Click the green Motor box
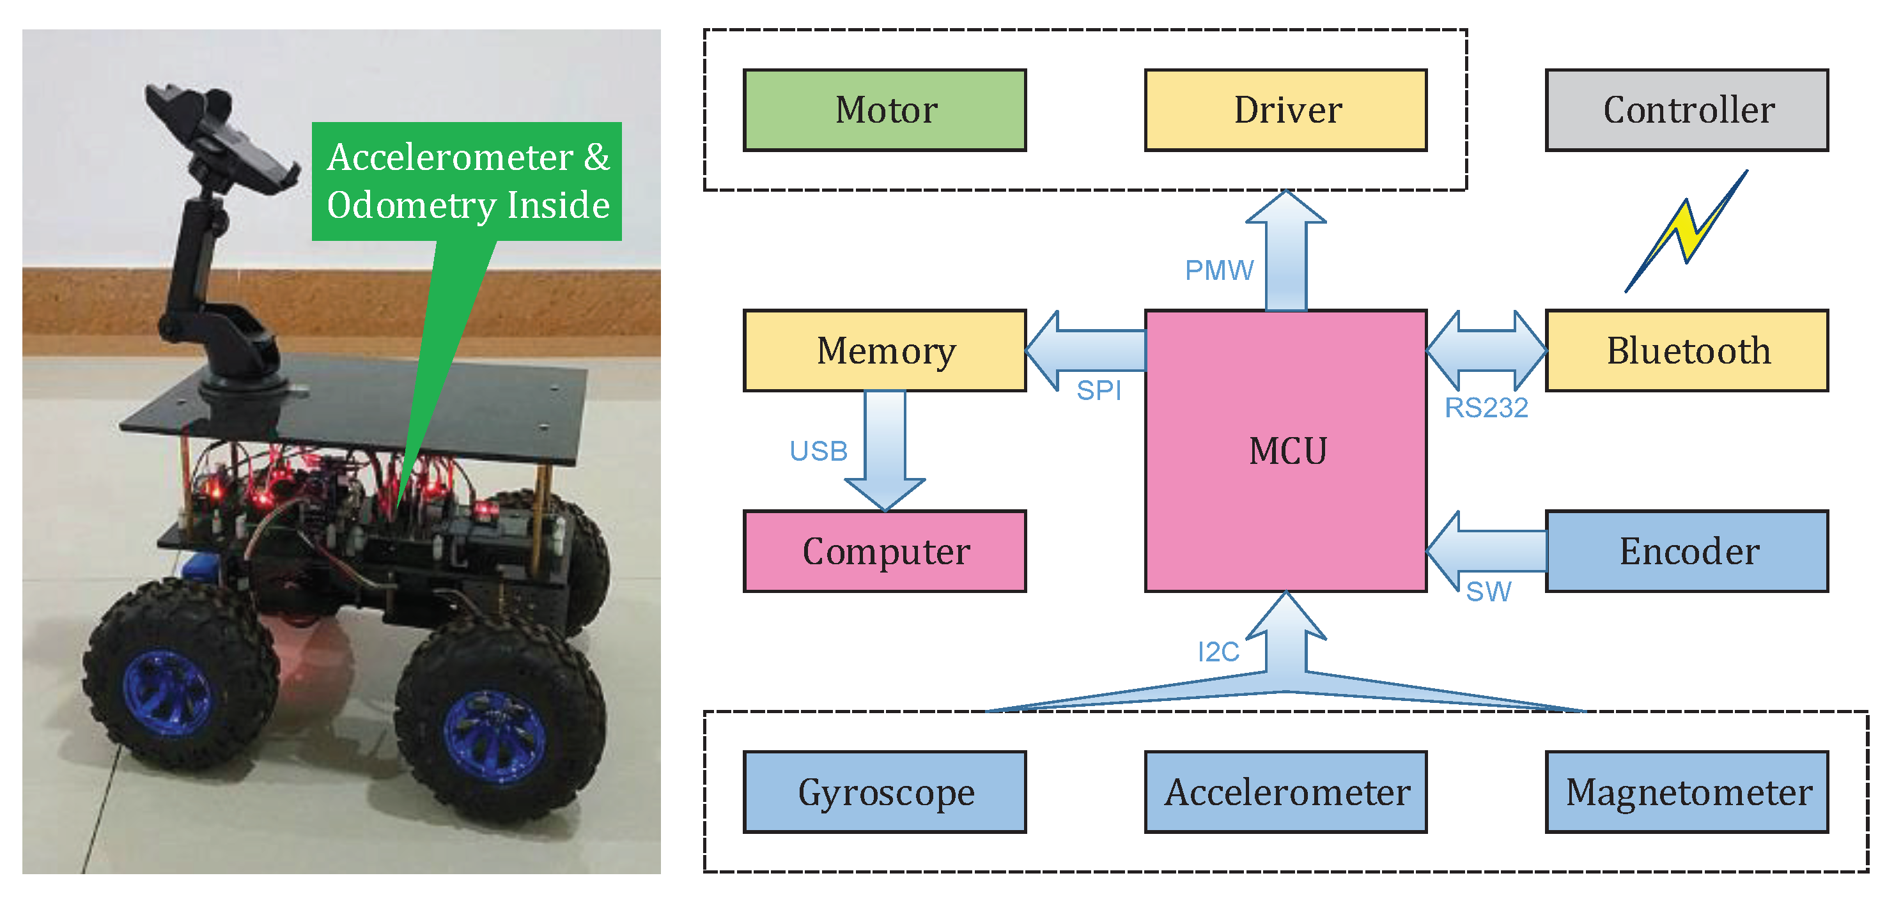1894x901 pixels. (x=885, y=111)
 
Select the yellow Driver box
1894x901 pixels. (x=1286, y=111)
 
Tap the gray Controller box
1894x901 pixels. (x=1687, y=111)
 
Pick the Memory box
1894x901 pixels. (x=885, y=351)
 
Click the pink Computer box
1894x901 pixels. (x=885, y=551)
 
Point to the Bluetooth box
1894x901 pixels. (x=1687, y=351)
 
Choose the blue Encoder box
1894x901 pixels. (x=1687, y=551)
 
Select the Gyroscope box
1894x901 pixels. (x=885, y=792)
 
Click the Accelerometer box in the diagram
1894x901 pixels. (x=1286, y=792)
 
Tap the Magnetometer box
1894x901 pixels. (x=1687, y=792)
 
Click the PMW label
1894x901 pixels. (x=1219, y=270)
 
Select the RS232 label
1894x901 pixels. (x=1486, y=408)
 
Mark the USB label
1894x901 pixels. (x=818, y=450)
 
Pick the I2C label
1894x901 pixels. (x=1218, y=652)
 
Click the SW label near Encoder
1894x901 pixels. (x=1488, y=592)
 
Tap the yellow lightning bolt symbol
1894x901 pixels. (x=1685, y=230)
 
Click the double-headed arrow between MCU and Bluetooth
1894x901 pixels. (x=1486, y=351)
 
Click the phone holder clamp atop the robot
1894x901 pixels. (x=221, y=140)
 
